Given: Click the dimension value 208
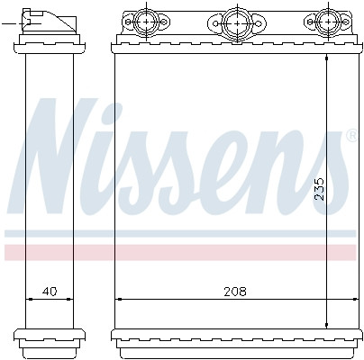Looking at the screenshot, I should [x=235, y=292].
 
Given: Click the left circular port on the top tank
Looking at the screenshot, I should [x=146, y=20].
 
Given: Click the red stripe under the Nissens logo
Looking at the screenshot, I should [x=180, y=252].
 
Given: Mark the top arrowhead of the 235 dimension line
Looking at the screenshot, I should [x=327, y=55].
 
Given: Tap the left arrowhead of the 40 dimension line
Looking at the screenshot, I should [x=29, y=299].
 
